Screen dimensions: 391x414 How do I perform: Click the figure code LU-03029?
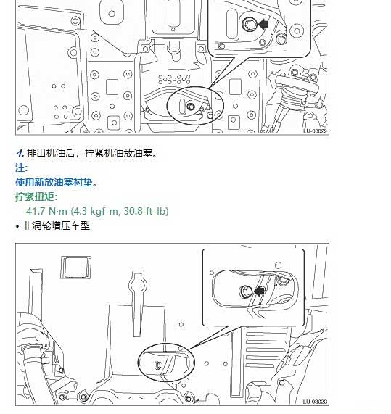click(x=315, y=131)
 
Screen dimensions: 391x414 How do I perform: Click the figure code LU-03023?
click(x=315, y=402)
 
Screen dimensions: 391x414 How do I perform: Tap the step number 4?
click(x=20, y=153)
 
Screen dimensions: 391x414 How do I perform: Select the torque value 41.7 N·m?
click(x=46, y=211)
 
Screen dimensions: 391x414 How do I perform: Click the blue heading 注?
click(x=21, y=167)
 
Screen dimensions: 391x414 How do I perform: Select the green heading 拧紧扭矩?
click(x=36, y=196)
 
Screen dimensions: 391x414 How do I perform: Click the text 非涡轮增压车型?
click(x=56, y=225)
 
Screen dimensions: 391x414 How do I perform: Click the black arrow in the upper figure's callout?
click(x=263, y=25)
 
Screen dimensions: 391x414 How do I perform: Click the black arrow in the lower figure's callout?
click(x=259, y=291)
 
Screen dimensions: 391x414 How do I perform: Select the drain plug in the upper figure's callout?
click(x=249, y=24)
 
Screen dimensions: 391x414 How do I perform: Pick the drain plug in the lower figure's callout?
click(x=245, y=291)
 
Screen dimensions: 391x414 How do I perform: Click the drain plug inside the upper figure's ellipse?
click(x=191, y=107)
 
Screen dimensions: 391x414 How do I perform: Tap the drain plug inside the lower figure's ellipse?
click(x=158, y=365)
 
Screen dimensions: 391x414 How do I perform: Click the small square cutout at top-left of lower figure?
click(x=76, y=268)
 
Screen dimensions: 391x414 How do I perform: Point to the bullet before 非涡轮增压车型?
click(x=17, y=226)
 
